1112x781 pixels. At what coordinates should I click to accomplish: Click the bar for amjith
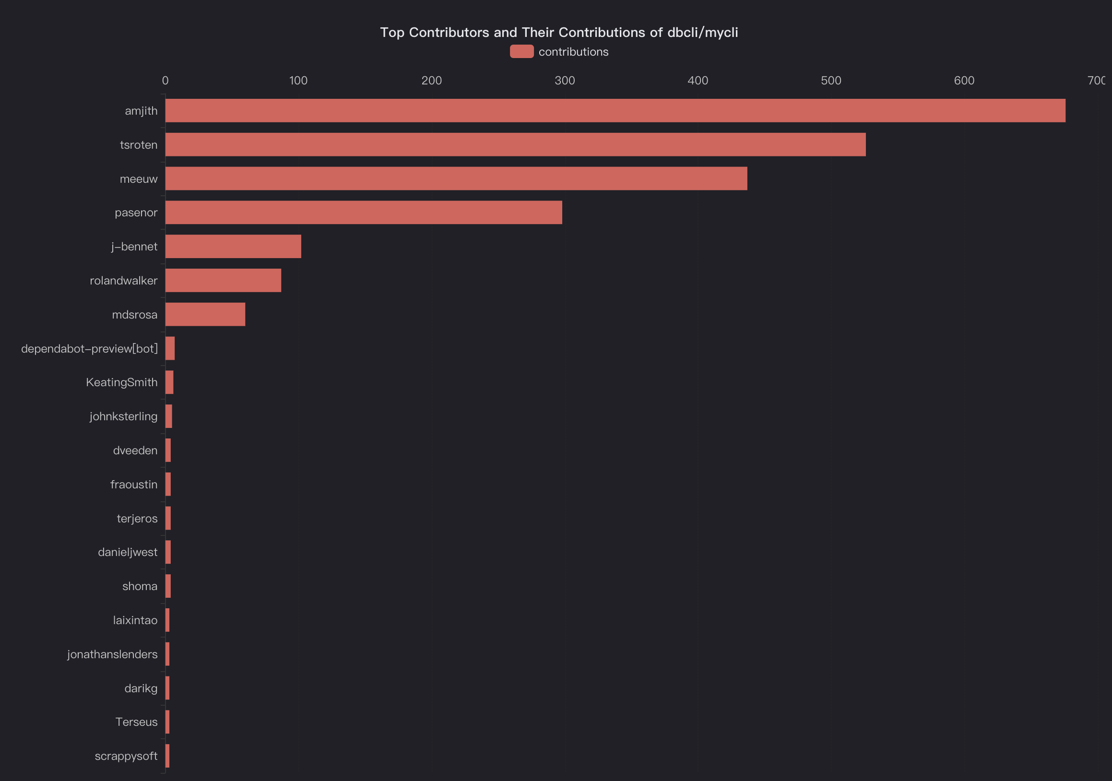coord(615,111)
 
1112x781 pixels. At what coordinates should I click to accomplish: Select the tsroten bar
coord(515,145)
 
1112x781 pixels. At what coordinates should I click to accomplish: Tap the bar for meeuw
coord(456,178)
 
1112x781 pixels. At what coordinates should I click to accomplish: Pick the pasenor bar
coord(363,213)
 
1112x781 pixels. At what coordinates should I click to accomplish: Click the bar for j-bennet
coord(233,247)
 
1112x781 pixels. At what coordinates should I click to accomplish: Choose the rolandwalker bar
coord(223,280)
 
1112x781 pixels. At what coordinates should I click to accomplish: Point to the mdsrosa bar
coord(205,314)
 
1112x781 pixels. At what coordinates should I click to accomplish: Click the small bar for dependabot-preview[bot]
coord(170,349)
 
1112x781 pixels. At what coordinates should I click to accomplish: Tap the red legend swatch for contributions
coord(521,52)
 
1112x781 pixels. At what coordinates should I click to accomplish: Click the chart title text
coord(559,33)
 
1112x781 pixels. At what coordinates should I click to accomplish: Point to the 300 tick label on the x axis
coord(565,81)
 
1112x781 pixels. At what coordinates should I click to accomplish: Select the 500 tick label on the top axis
coord(831,81)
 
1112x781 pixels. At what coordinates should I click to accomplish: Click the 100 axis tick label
coord(298,81)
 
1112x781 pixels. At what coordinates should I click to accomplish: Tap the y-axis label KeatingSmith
coord(121,382)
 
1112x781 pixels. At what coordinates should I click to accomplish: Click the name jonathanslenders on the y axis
coord(112,655)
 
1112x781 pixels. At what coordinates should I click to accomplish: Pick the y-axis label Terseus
coord(136,722)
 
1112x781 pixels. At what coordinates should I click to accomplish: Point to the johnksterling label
coord(123,416)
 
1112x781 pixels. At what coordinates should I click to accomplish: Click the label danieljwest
coord(128,553)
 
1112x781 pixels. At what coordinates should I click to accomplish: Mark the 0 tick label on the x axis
coord(165,81)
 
